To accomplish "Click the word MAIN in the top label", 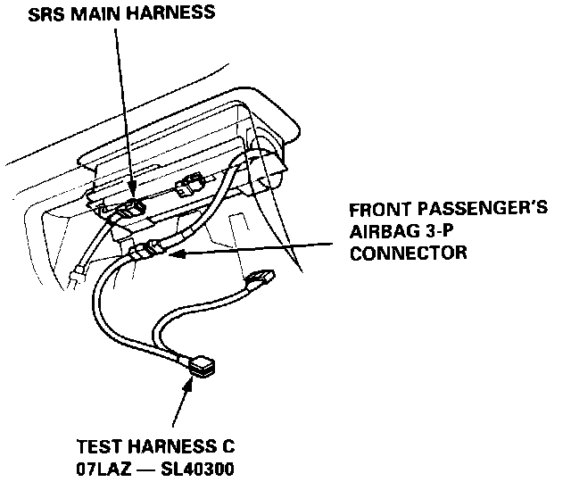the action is click(100, 14).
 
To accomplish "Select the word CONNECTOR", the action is click(409, 253).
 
